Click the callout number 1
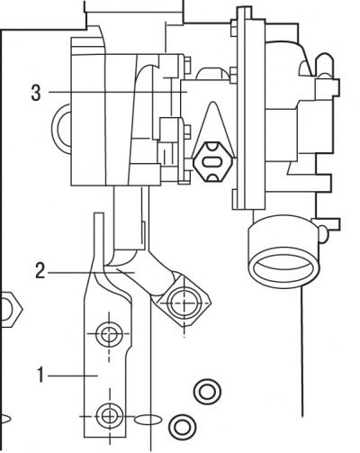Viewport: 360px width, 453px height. click(40, 375)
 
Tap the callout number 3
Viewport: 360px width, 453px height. click(36, 93)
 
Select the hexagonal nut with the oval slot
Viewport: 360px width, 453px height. click(213, 161)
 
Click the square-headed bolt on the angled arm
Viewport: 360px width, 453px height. click(184, 303)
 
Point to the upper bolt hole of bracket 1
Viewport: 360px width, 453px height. click(109, 333)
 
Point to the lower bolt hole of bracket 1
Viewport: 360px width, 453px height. click(109, 416)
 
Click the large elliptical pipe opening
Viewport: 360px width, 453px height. click(283, 267)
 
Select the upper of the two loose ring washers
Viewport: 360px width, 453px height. click(207, 392)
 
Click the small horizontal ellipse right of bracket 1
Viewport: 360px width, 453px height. click(147, 420)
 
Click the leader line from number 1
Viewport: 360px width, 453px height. click(73, 376)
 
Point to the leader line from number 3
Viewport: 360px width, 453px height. click(118, 92)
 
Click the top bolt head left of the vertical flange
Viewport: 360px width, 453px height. click(234, 28)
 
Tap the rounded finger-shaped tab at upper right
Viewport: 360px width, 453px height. click(323, 65)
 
